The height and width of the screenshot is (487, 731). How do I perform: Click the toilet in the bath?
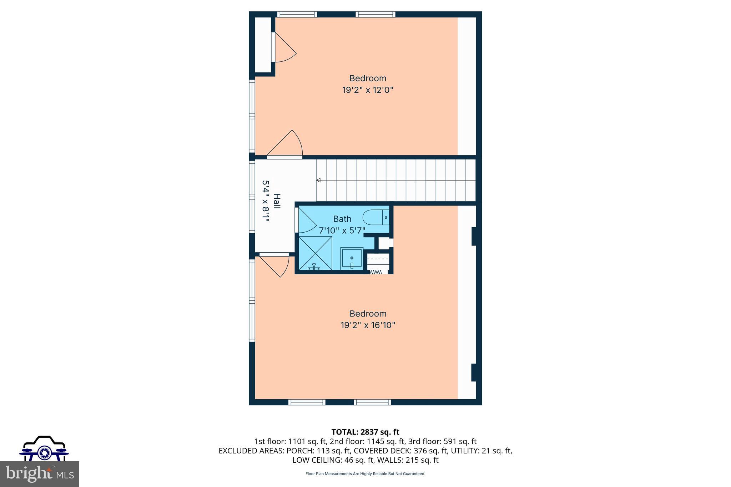pyautogui.click(x=375, y=217)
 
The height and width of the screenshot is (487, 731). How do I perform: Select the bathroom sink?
pyautogui.click(x=352, y=258)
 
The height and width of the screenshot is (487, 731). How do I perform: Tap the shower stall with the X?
pyautogui.click(x=315, y=253)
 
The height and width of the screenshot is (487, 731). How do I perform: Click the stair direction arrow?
pyautogui.click(x=318, y=180)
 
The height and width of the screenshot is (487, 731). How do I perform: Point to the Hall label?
pyautogui.click(x=276, y=201)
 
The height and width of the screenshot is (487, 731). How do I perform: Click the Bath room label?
pyautogui.click(x=342, y=219)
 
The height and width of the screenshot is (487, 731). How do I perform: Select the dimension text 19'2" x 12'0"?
pyautogui.click(x=368, y=90)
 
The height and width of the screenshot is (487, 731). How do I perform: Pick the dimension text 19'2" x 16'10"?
pyautogui.click(x=368, y=325)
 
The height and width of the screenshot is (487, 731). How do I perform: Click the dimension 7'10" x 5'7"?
pyautogui.click(x=342, y=230)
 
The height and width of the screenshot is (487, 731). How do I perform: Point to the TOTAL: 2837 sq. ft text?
pyautogui.click(x=365, y=432)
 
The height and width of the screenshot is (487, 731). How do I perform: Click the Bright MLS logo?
pyautogui.click(x=39, y=474)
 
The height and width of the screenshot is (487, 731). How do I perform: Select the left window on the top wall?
pyautogui.click(x=297, y=14)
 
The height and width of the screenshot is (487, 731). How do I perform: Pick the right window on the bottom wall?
pyautogui.click(x=372, y=402)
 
